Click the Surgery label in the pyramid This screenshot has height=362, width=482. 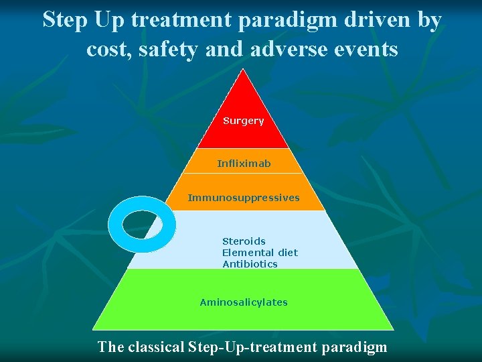[x=243, y=121]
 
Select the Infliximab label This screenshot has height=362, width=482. [x=244, y=164]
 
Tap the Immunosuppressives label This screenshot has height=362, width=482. [x=244, y=198]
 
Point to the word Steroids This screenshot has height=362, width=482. [x=244, y=241]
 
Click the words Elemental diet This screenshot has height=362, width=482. [x=260, y=253]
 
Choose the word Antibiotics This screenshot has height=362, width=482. [x=250, y=264]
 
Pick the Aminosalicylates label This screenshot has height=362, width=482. [x=244, y=302]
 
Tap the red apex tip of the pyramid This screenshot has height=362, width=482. [x=243, y=75]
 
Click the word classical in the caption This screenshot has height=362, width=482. [x=155, y=347]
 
